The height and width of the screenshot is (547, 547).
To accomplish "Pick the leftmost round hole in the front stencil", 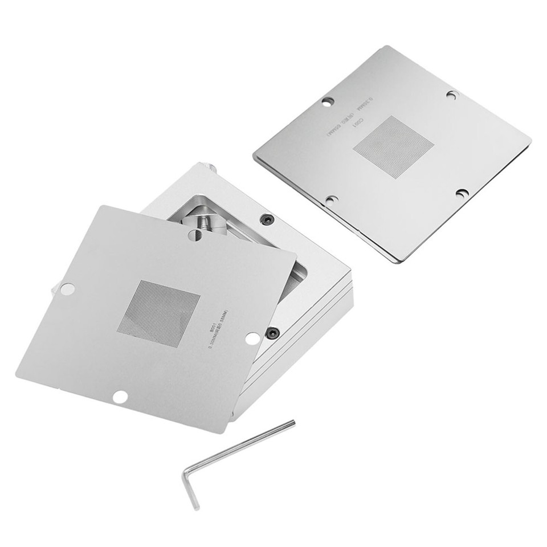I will pos(67,289).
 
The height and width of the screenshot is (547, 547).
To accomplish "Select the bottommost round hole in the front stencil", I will pos(120,397).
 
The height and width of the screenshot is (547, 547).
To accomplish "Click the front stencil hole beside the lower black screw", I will pos(253,338).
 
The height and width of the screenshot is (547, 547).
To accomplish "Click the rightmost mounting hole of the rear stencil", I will pos(463,194).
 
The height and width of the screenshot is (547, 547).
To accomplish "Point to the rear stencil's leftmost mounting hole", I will pos(328,101).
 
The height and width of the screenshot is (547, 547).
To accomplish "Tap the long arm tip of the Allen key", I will pos(292,423).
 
